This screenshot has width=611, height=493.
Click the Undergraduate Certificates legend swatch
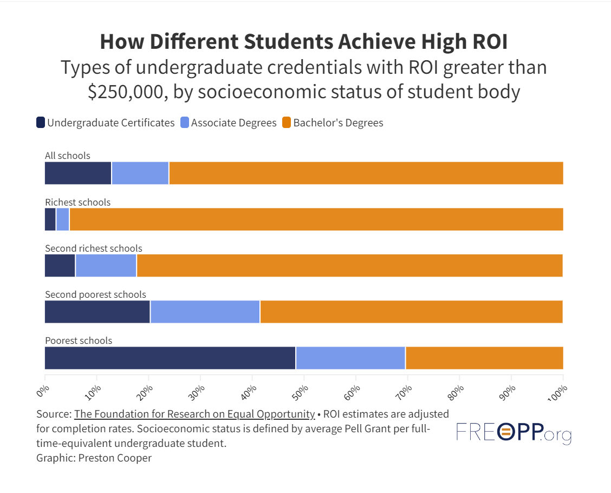(x=40, y=123)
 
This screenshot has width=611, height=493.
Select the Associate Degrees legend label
(x=233, y=123)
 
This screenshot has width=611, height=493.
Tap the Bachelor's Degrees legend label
(x=338, y=123)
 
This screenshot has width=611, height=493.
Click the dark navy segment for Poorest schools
(x=170, y=358)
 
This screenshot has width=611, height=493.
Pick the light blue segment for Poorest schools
(x=350, y=358)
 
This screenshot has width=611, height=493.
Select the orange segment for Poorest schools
(x=484, y=358)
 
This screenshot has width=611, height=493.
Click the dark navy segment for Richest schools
(x=50, y=219)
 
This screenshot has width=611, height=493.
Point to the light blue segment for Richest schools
(x=63, y=219)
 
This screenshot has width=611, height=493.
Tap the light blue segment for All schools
(x=140, y=173)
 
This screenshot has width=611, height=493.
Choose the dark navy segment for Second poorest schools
(x=97, y=312)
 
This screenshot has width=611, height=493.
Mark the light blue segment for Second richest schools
(x=106, y=266)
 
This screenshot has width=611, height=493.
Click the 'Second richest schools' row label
(x=93, y=248)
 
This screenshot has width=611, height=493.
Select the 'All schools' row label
(x=67, y=156)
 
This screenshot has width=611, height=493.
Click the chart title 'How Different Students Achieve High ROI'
(x=303, y=42)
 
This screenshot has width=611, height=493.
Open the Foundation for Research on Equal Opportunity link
(x=194, y=414)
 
